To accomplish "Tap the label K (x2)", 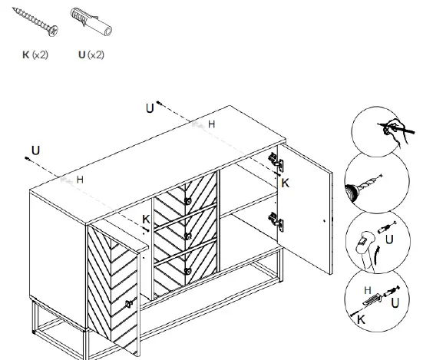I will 35,55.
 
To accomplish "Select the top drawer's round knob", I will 187,200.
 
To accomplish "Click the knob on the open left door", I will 129,305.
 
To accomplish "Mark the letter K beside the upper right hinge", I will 285,183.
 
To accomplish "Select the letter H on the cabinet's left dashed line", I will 79,179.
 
